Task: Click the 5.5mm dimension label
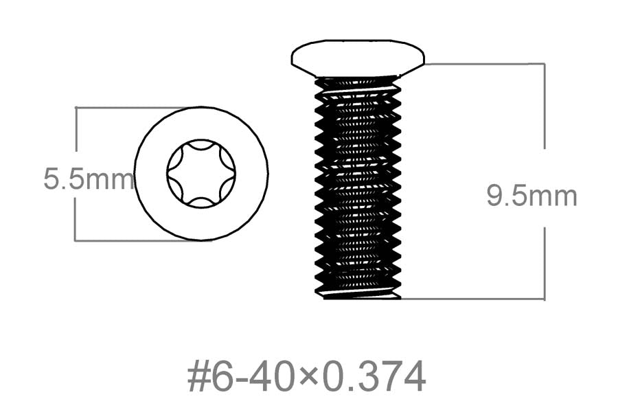pos(89,179)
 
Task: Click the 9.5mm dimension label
pos(532,196)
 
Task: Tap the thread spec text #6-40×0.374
pos(307,376)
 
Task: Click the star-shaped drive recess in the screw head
pos(201,174)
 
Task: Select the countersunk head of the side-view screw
pos(358,58)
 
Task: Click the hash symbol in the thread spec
pos(198,377)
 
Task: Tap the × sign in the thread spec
pos(310,379)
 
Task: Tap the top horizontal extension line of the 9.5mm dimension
pos(485,63)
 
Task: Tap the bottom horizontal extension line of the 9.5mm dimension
pos(473,299)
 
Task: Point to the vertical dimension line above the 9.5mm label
pos(545,106)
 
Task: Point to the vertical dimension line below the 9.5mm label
pos(545,264)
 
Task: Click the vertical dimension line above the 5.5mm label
pos(76,129)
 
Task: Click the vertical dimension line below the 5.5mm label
pos(76,219)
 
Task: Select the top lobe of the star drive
pos(201,145)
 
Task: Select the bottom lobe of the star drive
pos(201,203)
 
